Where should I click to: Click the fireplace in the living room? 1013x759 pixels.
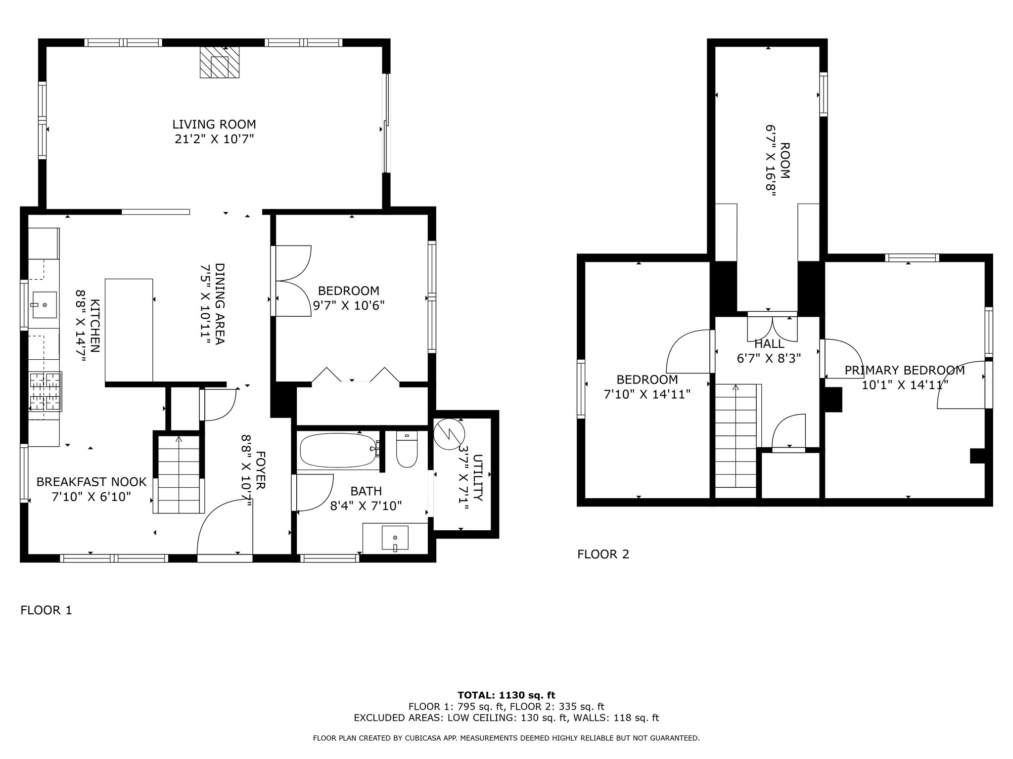(220, 62)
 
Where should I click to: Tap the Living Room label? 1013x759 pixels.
(214, 125)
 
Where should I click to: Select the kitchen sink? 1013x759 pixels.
(45, 305)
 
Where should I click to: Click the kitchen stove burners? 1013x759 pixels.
(46, 392)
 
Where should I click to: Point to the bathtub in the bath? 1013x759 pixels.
(338, 450)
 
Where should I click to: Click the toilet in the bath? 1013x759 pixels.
(407, 450)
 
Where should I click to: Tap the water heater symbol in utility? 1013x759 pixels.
(449, 434)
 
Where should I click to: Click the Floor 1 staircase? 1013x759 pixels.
(179, 474)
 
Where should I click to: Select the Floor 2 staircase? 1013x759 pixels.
(736, 441)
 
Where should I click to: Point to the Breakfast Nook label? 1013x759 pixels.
(92, 482)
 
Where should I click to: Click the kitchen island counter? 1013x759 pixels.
(129, 330)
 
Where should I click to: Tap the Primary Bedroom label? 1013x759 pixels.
(904, 370)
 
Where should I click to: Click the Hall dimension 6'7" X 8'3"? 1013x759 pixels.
(769, 358)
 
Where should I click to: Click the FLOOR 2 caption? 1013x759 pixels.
(603, 554)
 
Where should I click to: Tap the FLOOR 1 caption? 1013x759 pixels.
(46, 610)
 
